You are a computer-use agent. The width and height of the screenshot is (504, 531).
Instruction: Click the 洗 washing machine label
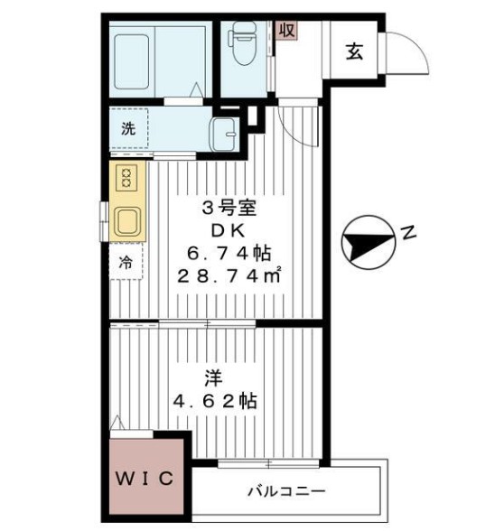point(128,127)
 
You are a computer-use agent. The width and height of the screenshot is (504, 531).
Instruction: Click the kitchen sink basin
point(126,220)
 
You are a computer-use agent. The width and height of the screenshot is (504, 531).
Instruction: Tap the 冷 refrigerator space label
point(126,264)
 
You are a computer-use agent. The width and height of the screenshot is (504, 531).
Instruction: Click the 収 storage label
point(286,29)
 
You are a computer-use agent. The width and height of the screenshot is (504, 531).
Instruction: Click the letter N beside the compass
point(408,234)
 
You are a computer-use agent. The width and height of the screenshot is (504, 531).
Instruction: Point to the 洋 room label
point(214,377)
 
